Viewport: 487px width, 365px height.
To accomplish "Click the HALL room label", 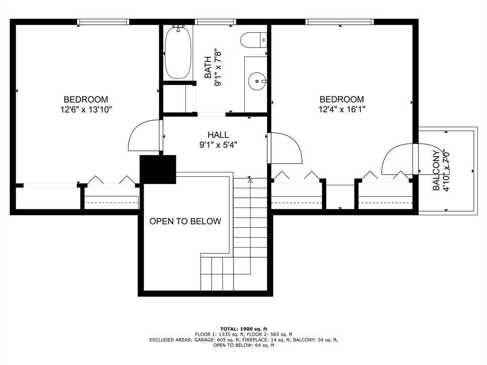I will click(x=218, y=135).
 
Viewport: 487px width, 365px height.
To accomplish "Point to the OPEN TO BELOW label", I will click(x=185, y=221).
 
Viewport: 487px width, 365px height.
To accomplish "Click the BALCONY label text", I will click(x=436, y=171).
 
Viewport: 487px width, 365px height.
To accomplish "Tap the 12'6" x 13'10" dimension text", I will click(x=86, y=109).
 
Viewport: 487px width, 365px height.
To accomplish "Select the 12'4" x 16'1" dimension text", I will click(x=341, y=109).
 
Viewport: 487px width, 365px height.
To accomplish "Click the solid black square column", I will click(x=157, y=169).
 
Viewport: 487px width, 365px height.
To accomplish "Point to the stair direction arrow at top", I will click(x=250, y=181).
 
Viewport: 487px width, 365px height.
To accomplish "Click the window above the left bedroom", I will click(x=103, y=22).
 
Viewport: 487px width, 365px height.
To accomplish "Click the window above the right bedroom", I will click(x=339, y=22).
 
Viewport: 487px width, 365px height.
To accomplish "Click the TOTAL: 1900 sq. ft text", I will click(x=243, y=329).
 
